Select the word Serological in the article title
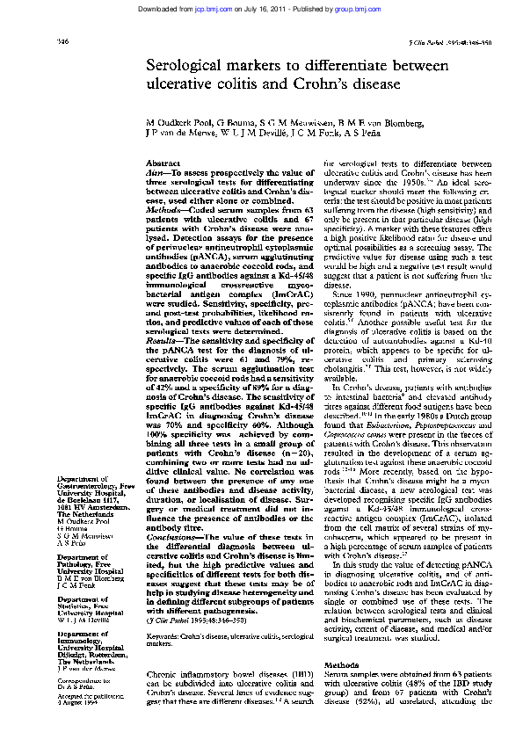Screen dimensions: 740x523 click(185, 68)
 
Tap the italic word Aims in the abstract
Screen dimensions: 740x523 click(155, 173)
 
